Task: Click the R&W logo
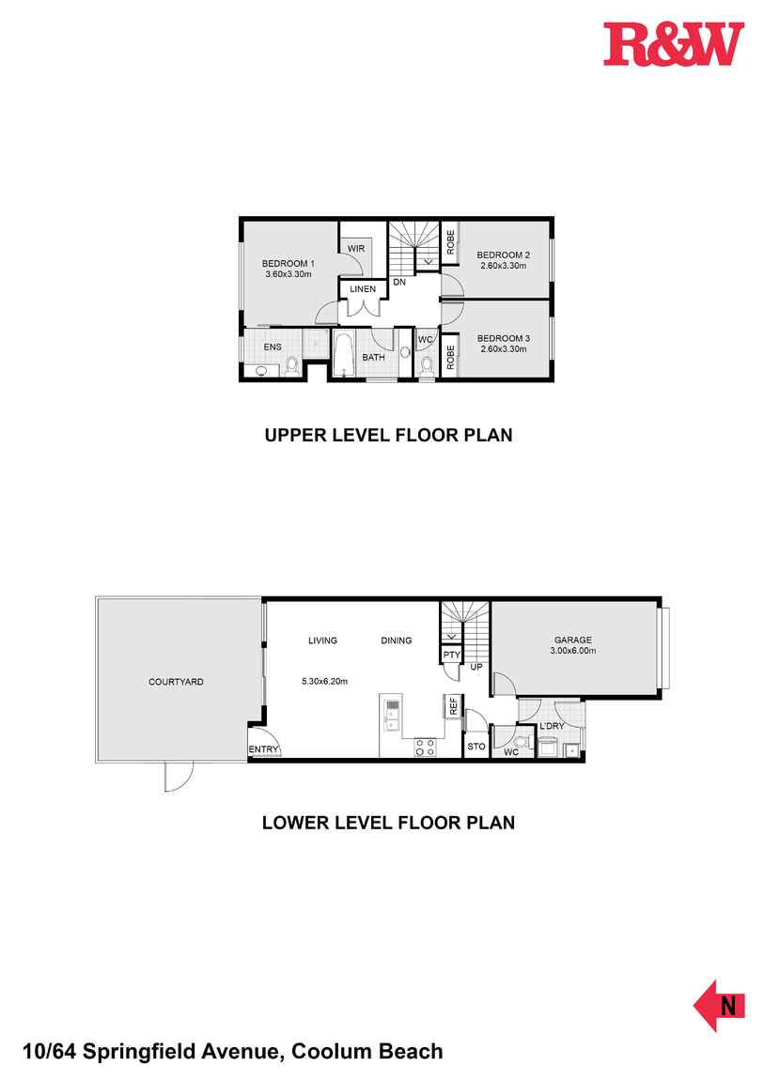tap(673, 44)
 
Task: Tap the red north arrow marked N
tap(720, 1005)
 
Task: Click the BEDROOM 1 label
tap(288, 263)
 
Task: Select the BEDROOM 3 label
tap(503, 338)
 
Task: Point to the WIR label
tap(355, 248)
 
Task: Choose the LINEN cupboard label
tap(363, 289)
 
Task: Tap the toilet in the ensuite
tap(291, 365)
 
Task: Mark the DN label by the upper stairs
tap(399, 282)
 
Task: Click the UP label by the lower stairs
tap(476, 668)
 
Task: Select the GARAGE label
tap(571, 640)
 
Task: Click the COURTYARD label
tap(176, 682)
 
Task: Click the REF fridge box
tap(453, 706)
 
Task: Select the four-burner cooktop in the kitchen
tap(424, 748)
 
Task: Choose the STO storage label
tap(476, 748)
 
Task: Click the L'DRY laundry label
tap(552, 725)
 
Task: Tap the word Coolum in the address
tap(333, 1052)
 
